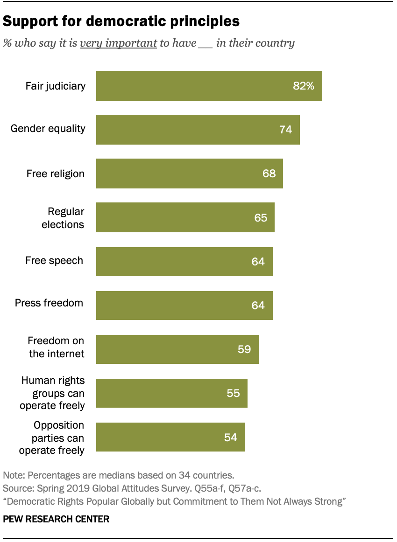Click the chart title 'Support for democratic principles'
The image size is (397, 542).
coord(121,21)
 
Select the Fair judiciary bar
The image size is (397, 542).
coord(209,86)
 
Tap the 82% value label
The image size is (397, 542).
coord(303,86)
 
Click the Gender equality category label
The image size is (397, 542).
coord(48,128)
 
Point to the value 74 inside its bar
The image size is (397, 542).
coord(285,130)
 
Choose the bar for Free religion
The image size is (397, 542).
coord(189,174)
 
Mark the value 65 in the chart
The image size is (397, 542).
coord(261,218)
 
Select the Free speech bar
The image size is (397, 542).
coord(184,262)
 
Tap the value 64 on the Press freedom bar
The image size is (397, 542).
coord(258,306)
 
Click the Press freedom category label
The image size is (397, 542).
coord(49,303)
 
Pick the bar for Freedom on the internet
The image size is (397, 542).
coord(177,349)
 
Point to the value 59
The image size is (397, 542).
coord(244,349)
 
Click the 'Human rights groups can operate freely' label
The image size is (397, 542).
coord(53,393)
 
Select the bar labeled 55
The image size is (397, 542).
coord(171,393)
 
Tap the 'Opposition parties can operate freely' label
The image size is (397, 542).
coord(52,438)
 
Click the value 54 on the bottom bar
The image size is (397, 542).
coord(230,438)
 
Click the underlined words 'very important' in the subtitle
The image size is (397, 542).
coord(118,43)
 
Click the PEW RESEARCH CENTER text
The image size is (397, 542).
coord(56,519)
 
